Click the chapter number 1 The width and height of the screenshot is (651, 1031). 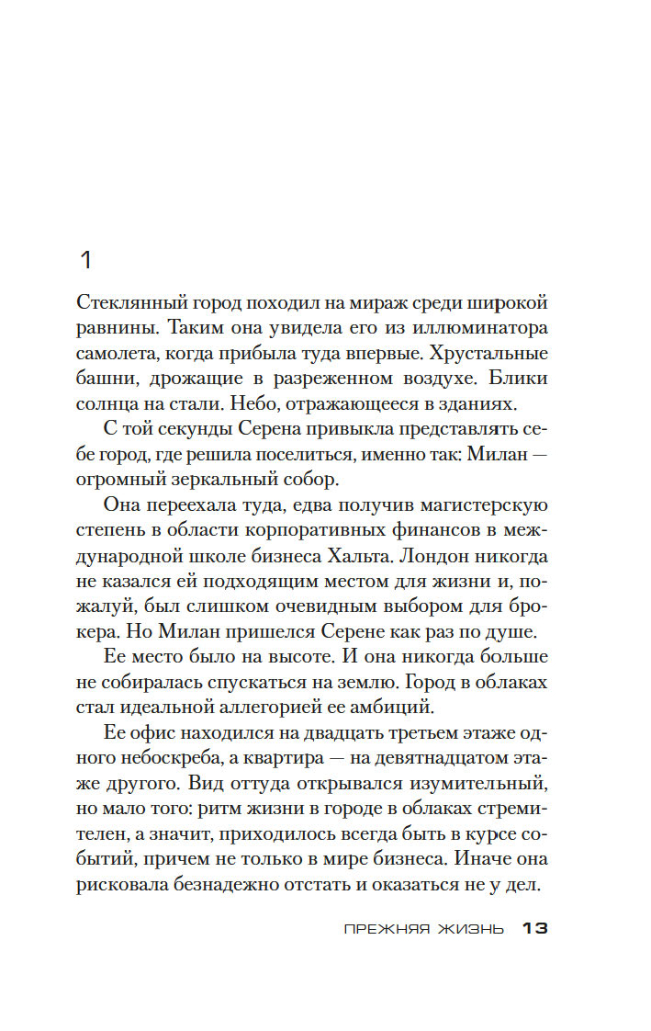(86, 261)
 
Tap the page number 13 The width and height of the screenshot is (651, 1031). (534, 928)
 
